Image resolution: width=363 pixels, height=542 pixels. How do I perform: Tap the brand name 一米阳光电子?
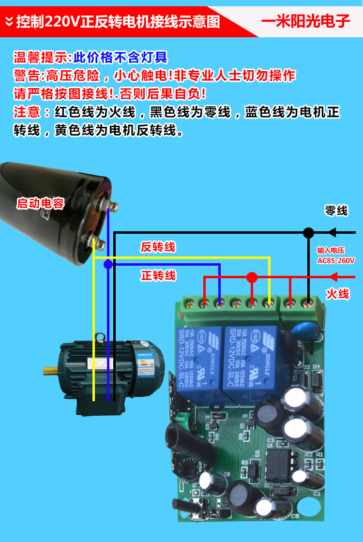[x=305, y=21]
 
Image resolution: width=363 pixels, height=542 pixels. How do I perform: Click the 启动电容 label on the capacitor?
[x=40, y=204]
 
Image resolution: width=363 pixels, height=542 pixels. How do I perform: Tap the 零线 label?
[x=336, y=211]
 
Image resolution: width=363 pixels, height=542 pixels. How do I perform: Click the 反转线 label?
[x=158, y=247]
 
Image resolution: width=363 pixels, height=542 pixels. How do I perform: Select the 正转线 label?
[x=158, y=276]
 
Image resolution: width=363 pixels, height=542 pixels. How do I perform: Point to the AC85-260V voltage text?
[x=336, y=260]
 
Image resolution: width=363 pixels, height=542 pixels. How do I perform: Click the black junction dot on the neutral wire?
[x=308, y=233]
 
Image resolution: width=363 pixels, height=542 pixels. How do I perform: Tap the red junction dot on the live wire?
[x=252, y=277]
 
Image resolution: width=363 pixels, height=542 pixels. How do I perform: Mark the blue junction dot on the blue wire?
[x=108, y=264]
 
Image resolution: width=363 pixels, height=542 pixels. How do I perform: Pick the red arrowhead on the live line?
[x=333, y=277]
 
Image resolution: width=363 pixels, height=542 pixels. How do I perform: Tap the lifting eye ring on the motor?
[x=101, y=336]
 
